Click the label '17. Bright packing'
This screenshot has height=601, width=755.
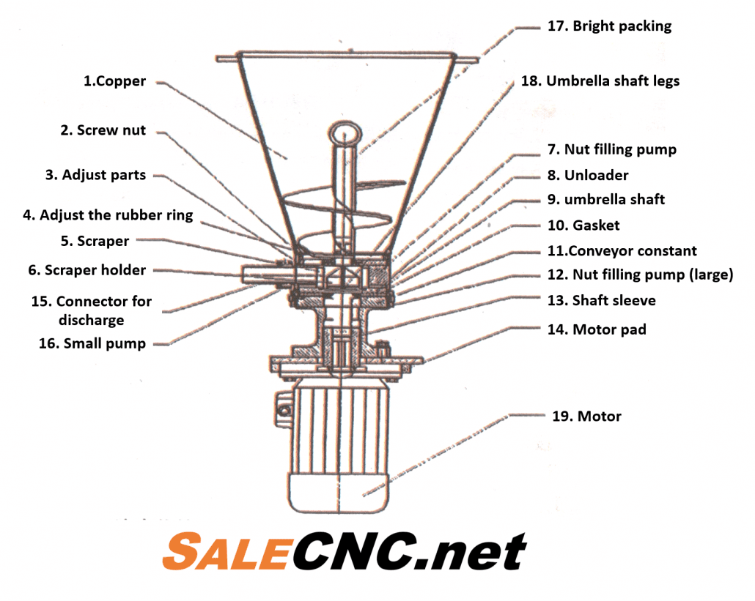click(609, 26)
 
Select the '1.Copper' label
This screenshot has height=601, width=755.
click(114, 81)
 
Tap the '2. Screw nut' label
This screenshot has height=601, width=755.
click(103, 130)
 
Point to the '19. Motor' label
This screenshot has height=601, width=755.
click(586, 416)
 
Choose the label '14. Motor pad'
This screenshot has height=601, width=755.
click(597, 329)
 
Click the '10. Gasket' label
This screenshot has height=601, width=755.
click(583, 225)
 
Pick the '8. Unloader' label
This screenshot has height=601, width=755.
click(588, 175)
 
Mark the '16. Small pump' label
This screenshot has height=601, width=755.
click(92, 343)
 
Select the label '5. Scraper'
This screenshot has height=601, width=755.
click(95, 241)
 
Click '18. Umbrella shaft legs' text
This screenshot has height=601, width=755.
click(600, 81)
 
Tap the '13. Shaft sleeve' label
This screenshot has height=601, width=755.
click(601, 300)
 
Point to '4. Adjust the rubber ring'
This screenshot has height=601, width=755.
click(108, 215)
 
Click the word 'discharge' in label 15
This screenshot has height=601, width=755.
click(92, 320)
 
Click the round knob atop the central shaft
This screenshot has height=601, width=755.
click(345, 133)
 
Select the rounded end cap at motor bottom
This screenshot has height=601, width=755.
click(339, 493)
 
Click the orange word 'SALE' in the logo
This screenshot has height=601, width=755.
click(226, 551)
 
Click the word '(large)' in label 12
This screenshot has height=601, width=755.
click(711, 275)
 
